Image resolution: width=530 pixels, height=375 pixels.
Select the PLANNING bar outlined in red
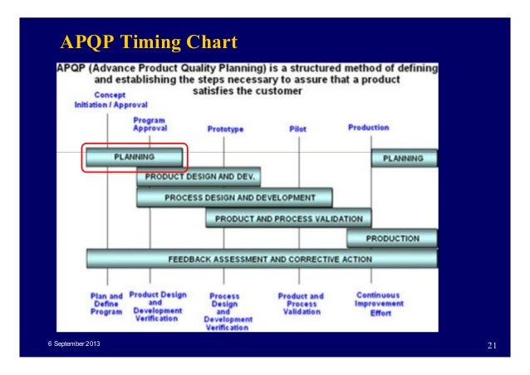pyautogui.click(x=134, y=158)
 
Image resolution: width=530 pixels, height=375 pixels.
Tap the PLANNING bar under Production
pyautogui.click(x=404, y=158)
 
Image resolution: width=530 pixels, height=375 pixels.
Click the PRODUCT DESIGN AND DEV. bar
pyautogui.click(x=199, y=178)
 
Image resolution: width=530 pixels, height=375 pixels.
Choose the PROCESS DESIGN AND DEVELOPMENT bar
pyautogui.click(x=235, y=198)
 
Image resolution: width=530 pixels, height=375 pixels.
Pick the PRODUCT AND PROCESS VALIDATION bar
pyautogui.click(x=288, y=218)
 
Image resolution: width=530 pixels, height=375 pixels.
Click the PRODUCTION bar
pyautogui.click(x=391, y=239)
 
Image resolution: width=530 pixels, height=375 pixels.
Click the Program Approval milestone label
pyautogui.click(x=150, y=124)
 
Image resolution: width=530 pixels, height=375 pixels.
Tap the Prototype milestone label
pyautogui.click(x=225, y=129)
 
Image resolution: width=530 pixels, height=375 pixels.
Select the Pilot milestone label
pyautogui.click(x=297, y=129)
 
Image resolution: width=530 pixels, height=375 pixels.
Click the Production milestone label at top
pyautogui.click(x=368, y=129)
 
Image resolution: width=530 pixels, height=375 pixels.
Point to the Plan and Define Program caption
pyautogui.click(x=106, y=303)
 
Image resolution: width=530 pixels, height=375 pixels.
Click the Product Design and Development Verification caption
pyautogui.click(x=157, y=306)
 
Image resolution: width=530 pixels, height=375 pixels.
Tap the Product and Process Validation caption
pyautogui.click(x=301, y=304)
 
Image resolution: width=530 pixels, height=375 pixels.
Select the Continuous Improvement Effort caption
pyautogui.click(x=378, y=303)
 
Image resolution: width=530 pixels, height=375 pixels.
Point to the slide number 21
pyautogui.click(x=492, y=344)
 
